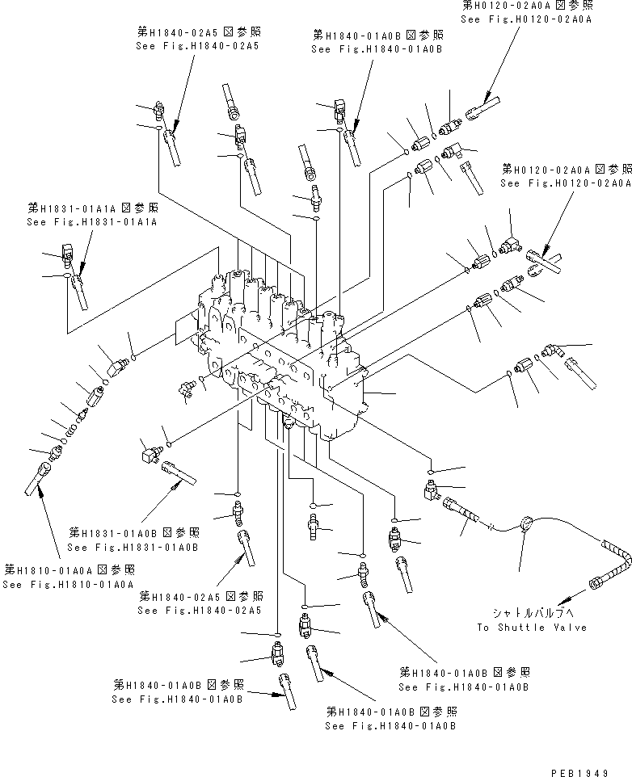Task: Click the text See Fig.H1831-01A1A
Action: (x=91, y=221)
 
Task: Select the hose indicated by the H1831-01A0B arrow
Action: (x=179, y=472)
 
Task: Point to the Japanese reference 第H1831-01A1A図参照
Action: (x=91, y=208)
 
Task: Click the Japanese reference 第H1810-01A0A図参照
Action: (x=69, y=569)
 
